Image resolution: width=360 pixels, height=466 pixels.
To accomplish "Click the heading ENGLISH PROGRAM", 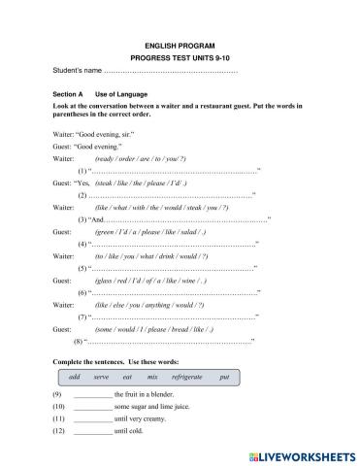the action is coord(180,46).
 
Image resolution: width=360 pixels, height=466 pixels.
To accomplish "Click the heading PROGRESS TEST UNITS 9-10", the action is coord(180,58).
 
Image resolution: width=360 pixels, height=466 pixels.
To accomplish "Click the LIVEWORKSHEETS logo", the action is coord(302,454).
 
